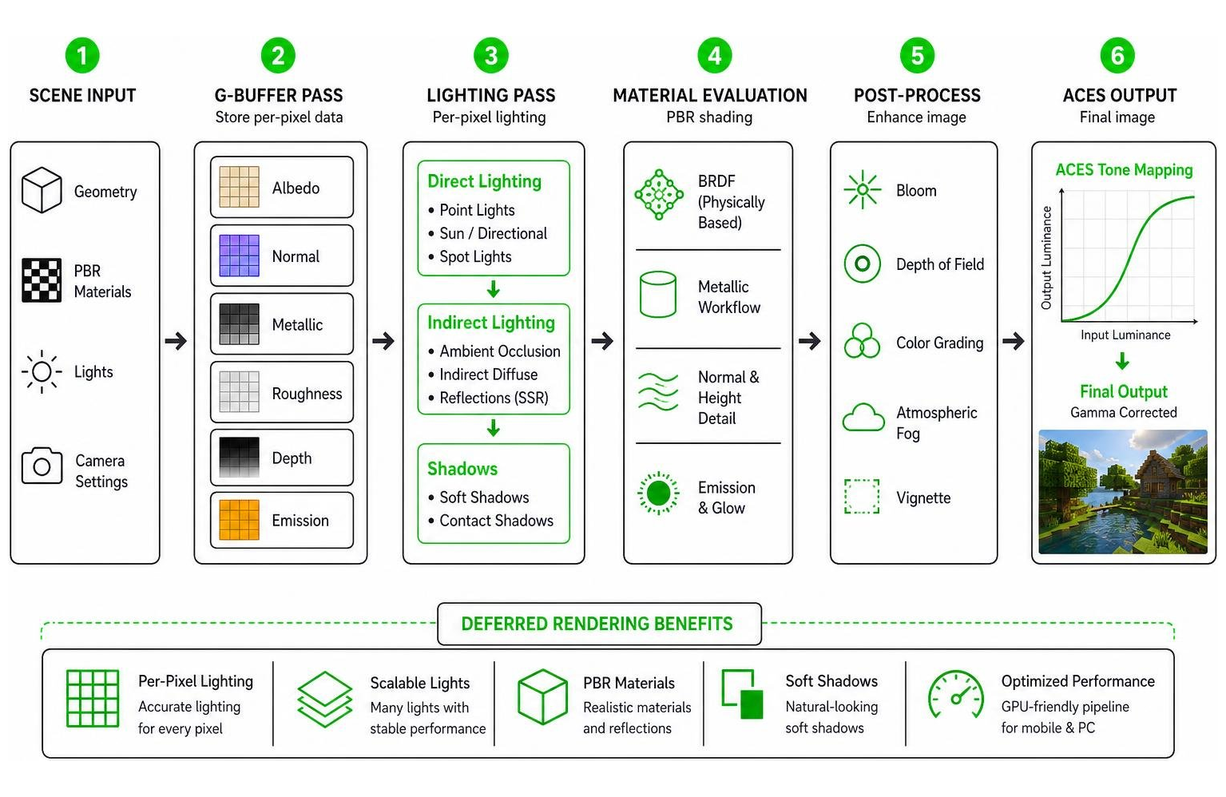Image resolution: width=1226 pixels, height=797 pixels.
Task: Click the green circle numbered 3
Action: pyautogui.click(x=491, y=55)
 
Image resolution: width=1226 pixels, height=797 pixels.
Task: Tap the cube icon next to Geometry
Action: pyautogui.click(x=42, y=190)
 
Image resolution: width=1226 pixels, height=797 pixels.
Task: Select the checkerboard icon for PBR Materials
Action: pyautogui.click(x=42, y=280)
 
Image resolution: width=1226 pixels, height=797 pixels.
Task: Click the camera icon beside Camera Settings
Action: pyautogui.click(x=42, y=466)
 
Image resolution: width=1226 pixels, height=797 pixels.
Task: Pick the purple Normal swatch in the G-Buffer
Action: pyautogui.click(x=239, y=256)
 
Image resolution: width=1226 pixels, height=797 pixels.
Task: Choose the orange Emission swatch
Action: pyautogui.click(x=239, y=520)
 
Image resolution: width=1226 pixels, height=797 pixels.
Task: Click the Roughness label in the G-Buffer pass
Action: pyautogui.click(x=307, y=394)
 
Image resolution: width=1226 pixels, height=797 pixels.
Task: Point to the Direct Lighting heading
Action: pyautogui.click(x=484, y=181)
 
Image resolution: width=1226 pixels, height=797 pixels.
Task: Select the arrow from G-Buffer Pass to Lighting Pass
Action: pyautogui.click(x=383, y=341)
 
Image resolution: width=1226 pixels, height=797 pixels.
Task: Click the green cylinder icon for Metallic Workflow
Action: pyautogui.click(x=658, y=294)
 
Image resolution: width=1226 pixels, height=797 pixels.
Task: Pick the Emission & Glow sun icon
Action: pyautogui.click(x=658, y=494)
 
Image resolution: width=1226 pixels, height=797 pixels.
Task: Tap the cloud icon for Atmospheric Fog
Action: pyautogui.click(x=863, y=418)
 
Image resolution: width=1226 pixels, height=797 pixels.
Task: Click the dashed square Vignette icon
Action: pyautogui.click(x=862, y=497)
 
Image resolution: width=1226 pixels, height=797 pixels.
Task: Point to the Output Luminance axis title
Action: pyautogui.click(x=1046, y=257)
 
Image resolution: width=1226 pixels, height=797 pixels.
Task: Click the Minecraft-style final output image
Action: pyautogui.click(x=1123, y=492)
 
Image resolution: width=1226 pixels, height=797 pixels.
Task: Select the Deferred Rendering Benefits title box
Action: pyautogui.click(x=599, y=624)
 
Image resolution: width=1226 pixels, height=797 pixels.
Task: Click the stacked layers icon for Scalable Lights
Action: pyautogui.click(x=324, y=700)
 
